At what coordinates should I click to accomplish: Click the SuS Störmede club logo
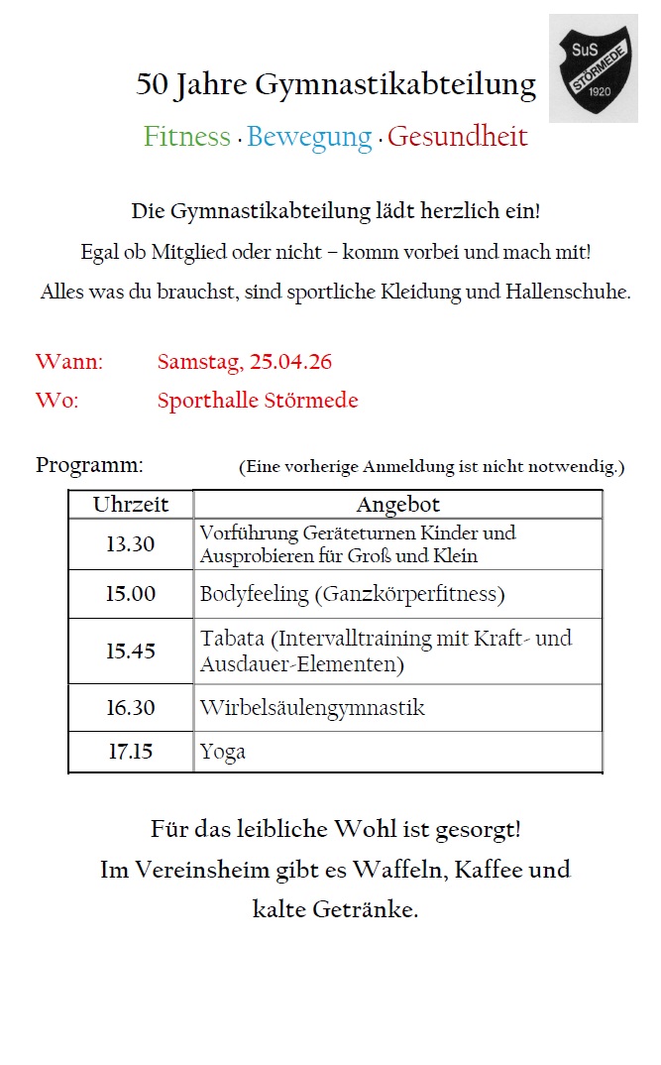594,68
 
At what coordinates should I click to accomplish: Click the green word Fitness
187,137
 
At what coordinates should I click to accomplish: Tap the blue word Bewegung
309,137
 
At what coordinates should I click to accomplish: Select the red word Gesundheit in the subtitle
457,137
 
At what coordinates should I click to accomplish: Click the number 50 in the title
153,85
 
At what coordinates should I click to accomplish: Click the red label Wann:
69,362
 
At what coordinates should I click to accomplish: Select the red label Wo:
56,401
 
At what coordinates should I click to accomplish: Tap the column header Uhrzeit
131,505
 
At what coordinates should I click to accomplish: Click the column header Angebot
397,505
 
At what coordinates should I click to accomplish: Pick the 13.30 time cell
131,544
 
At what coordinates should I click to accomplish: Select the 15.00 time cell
131,594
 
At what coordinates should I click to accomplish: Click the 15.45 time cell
131,651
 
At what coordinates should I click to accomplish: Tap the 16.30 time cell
131,708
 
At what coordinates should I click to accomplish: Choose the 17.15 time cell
131,752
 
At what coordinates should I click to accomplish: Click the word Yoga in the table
223,752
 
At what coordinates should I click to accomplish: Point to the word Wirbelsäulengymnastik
312,708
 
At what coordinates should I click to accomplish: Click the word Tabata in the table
233,639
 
